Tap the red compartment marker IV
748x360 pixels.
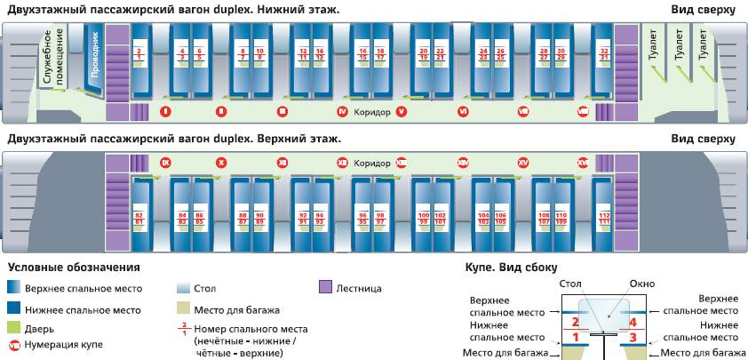tap(342, 111)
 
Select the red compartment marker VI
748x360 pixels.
tap(463, 111)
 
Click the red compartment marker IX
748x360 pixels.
tap(164, 164)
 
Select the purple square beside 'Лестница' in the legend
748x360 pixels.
tap(324, 287)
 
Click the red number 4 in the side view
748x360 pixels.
tap(633, 321)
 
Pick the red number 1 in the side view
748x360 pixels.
tap(575, 337)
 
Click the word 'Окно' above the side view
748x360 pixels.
tap(641, 284)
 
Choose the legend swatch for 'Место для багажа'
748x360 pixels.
tap(181, 310)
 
